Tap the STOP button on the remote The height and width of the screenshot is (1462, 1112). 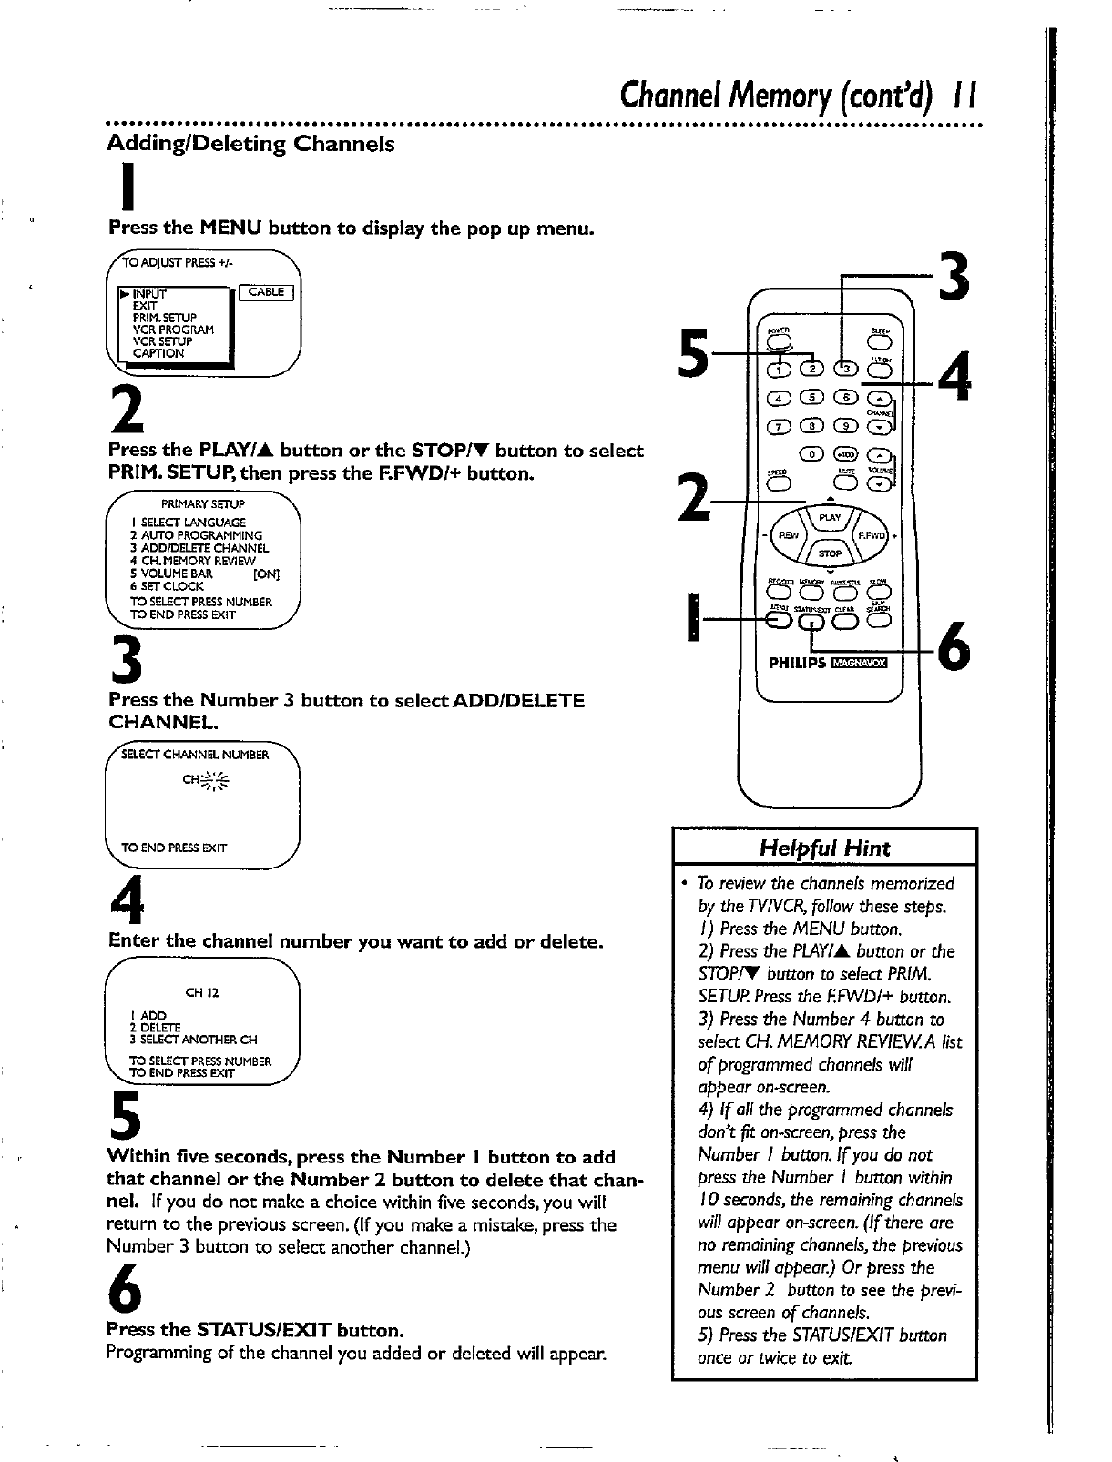click(830, 553)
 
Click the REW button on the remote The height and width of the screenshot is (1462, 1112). click(790, 535)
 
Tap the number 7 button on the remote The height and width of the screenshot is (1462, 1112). click(780, 426)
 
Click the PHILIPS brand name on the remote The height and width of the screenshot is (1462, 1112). click(797, 663)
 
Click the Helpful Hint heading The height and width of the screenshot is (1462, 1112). click(824, 848)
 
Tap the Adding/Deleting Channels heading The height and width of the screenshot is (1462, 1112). click(251, 144)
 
